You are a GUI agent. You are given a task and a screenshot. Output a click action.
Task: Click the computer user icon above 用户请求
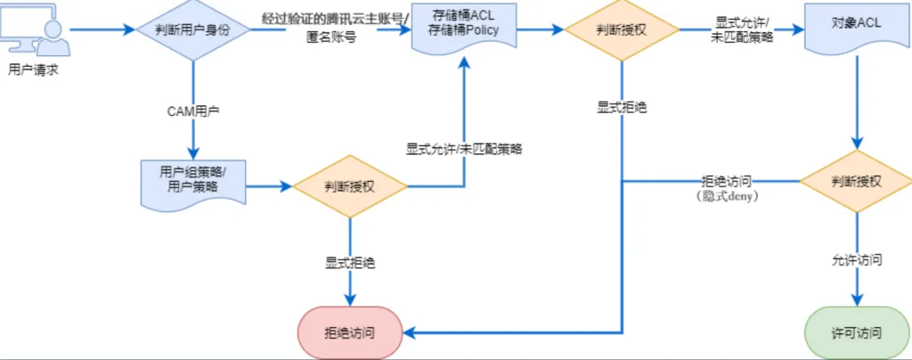[33, 29]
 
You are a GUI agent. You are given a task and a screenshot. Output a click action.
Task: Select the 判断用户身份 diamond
[193, 29]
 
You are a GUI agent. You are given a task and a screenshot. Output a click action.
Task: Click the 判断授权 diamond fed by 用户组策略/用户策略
[350, 187]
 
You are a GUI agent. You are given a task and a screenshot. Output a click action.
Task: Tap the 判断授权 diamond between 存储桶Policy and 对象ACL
[622, 30]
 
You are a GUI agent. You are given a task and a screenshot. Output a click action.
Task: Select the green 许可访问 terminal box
[857, 332]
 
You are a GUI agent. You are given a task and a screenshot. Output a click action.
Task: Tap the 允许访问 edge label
[857, 260]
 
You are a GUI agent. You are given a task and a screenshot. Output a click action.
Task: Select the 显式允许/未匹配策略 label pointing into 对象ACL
[744, 29]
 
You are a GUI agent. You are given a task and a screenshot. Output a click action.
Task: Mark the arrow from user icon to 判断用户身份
[100, 29]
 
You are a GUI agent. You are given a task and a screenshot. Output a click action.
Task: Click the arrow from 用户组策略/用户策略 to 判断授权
[267, 187]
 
